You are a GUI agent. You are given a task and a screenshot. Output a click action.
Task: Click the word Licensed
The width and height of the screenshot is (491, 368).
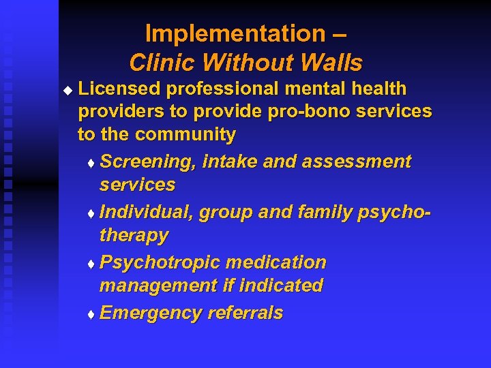pyautogui.click(x=119, y=89)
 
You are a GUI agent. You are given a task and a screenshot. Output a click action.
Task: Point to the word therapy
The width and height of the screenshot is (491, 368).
pyautogui.click(x=134, y=236)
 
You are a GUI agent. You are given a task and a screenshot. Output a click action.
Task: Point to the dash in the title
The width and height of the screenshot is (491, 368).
pyautogui.click(x=341, y=34)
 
